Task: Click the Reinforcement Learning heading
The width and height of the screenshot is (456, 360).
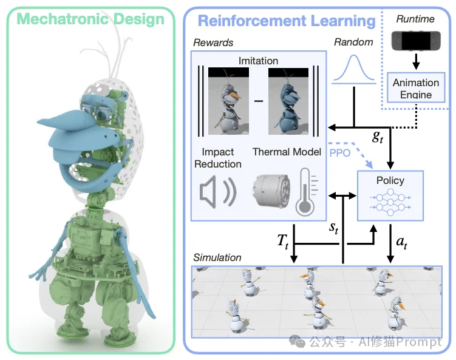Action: click(287, 21)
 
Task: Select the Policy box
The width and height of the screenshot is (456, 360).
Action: click(390, 195)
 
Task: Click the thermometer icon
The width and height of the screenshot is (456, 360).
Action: click(304, 191)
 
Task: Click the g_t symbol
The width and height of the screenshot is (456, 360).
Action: click(377, 137)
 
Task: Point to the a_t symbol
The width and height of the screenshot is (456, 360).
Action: click(402, 242)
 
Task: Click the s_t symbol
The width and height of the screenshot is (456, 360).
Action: click(333, 228)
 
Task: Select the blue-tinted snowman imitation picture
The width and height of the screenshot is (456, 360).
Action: click(288, 101)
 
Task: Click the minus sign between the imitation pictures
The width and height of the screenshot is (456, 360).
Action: click(258, 101)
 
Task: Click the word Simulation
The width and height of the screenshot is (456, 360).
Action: click(217, 257)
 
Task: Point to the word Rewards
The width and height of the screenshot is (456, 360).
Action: click(213, 43)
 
